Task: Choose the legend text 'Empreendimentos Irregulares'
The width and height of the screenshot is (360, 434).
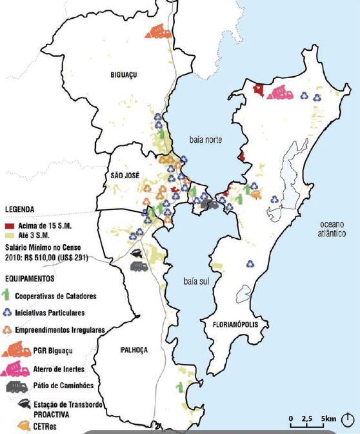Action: (61, 331)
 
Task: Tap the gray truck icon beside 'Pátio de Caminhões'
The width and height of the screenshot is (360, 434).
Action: (15, 386)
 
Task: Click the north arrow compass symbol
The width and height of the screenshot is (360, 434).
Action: (349, 418)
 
